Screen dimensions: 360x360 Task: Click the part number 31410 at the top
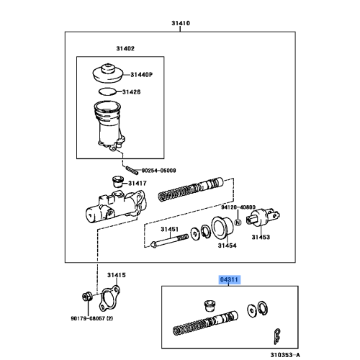click(181, 24)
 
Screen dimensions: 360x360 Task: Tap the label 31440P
click(143, 74)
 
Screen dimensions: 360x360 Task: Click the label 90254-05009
click(159, 171)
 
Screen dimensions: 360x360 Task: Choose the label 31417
click(138, 184)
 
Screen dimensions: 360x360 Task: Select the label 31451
click(168, 230)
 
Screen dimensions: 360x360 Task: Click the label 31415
click(117, 275)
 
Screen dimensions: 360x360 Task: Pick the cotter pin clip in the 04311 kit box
click(274, 335)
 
